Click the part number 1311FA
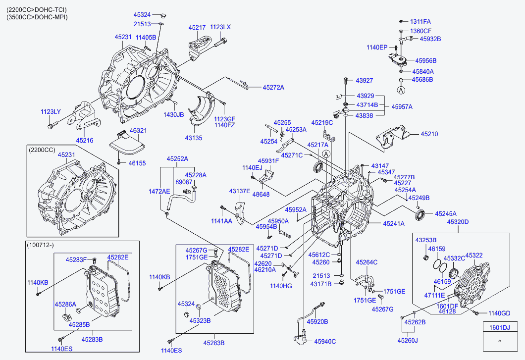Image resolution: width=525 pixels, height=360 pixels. click(x=420, y=21)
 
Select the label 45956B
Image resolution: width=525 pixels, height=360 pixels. click(x=426, y=61)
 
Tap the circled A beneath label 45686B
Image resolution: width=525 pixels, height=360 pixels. click(x=401, y=90)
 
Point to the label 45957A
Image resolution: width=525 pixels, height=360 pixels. click(x=402, y=106)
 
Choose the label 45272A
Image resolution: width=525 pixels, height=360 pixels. click(x=273, y=88)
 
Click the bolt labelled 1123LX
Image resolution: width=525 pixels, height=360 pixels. click(x=218, y=44)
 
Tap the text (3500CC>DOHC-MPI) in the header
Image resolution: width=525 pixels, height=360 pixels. click(x=37, y=17)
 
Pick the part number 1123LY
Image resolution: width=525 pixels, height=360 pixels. click(x=51, y=112)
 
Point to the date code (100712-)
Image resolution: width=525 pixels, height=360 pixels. click(x=41, y=245)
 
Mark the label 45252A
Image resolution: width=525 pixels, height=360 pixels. click(x=177, y=159)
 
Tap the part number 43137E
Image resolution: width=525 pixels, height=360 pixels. click(x=240, y=191)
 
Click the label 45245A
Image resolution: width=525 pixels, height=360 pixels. click(x=446, y=213)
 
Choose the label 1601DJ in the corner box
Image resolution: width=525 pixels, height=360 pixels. click(x=499, y=327)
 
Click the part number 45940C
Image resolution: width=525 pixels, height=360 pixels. click(x=325, y=341)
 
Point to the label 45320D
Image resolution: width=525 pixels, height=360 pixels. click(x=458, y=221)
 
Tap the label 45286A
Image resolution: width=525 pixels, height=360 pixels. click(x=65, y=305)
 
